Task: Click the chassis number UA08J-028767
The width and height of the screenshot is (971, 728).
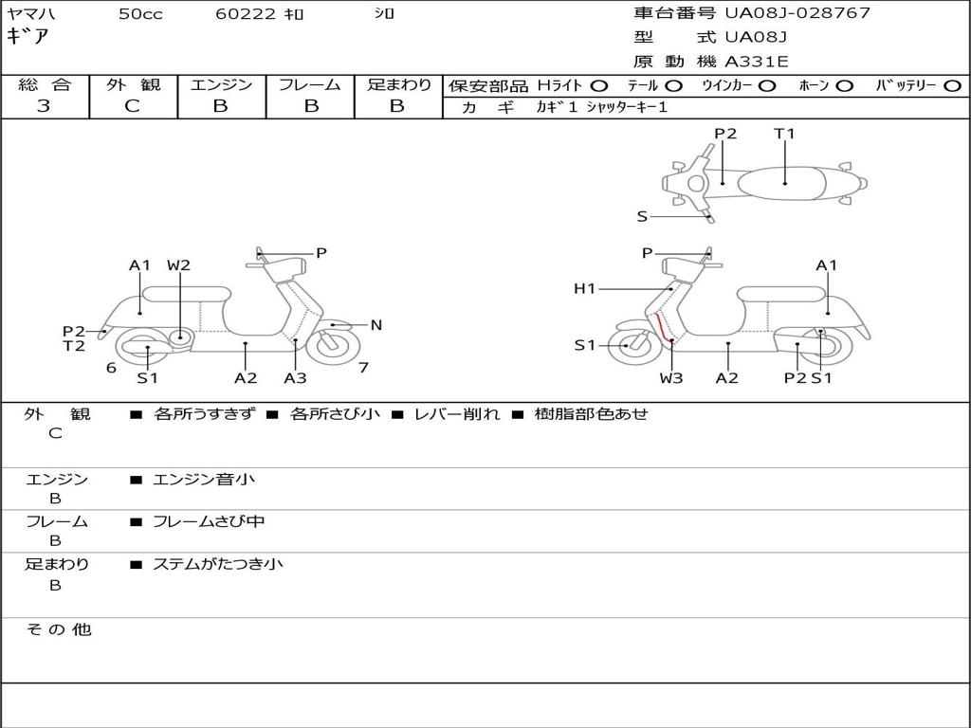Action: click(797, 13)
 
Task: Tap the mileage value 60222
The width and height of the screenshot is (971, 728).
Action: click(246, 14)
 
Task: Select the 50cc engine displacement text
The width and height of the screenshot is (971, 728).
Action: click(140, 14)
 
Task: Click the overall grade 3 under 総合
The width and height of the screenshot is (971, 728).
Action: click(44, 106)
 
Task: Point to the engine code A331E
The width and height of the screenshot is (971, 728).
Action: click(757, 62)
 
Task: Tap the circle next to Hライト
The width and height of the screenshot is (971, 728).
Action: click(599, 85)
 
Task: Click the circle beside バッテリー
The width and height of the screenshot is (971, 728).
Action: click(952, 85)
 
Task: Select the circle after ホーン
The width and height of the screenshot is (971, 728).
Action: click(844, 85)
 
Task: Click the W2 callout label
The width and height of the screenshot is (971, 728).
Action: click(178, 265)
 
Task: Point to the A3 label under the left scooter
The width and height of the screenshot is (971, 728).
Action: click(295, 378)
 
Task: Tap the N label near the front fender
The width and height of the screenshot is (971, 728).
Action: click(376, 325)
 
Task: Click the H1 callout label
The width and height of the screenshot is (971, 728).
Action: click(584, 288)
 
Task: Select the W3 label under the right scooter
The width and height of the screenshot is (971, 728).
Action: click(671, 378)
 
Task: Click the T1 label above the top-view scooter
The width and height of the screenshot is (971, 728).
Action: click(784, 134)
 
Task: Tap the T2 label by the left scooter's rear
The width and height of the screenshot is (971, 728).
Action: click(74, 346)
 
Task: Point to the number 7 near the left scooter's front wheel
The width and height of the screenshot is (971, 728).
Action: click(363, 367)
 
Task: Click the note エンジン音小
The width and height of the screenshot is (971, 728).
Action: click(204, 480)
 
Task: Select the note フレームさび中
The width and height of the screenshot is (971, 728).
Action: click(209, 521)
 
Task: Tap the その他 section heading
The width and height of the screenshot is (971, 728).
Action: click(58, 629)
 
